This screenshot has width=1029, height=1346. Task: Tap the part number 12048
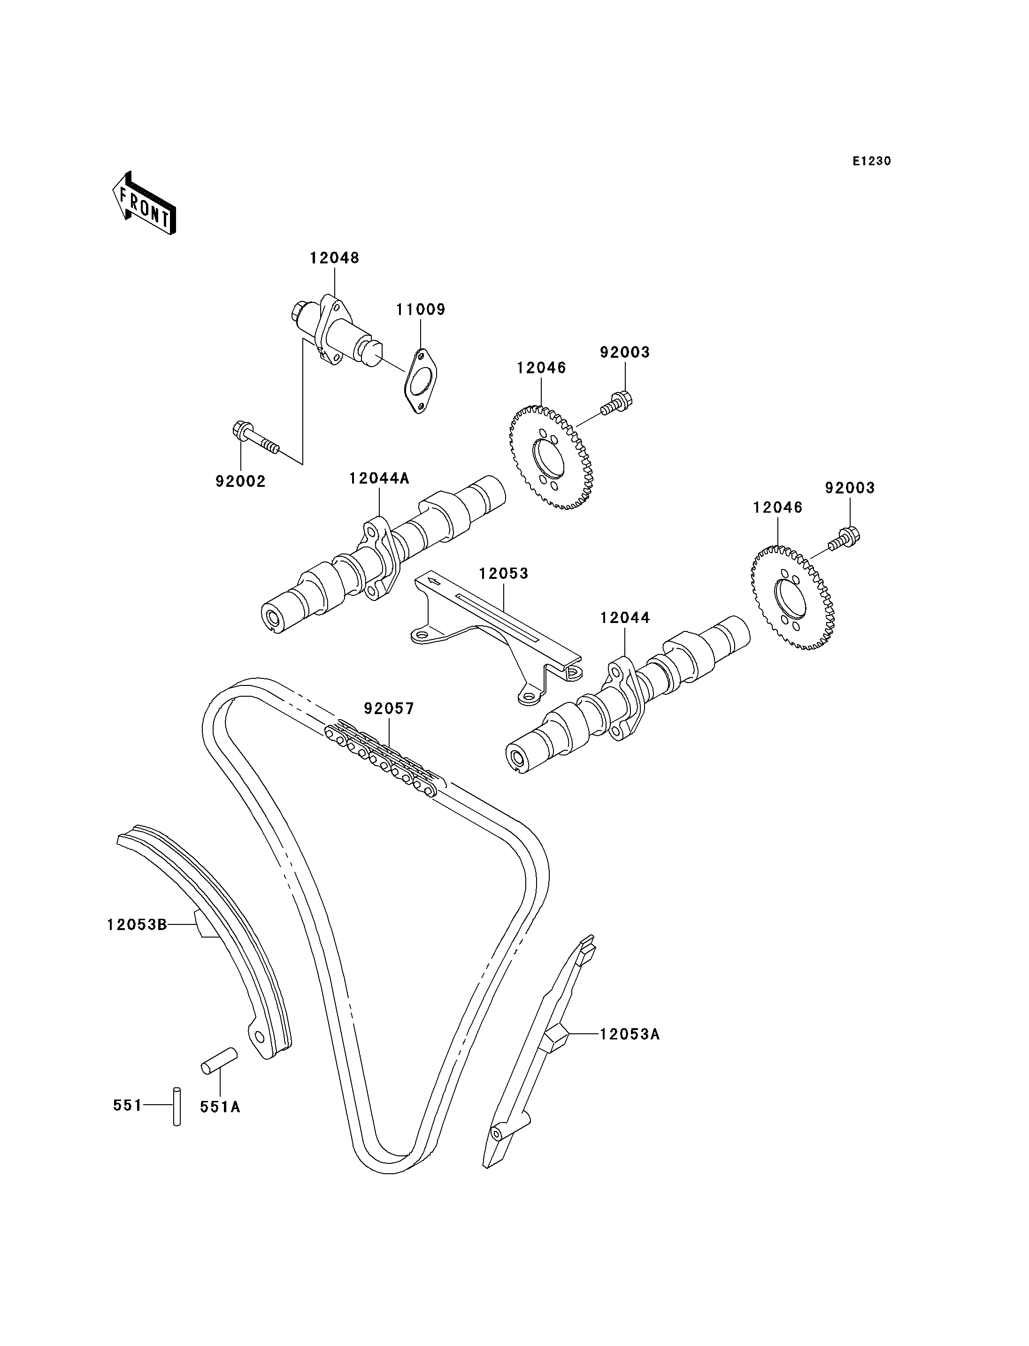click(334, 258)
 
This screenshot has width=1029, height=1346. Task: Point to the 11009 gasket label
click(420, 309)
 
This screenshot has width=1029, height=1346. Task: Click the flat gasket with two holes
click(422, 380)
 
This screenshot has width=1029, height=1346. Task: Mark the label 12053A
click(630, 1034)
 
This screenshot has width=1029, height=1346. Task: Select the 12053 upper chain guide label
click(504, 574)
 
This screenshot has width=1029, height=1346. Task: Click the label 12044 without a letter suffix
click(625, 618)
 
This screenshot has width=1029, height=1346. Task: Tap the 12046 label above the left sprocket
click(541, 368)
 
